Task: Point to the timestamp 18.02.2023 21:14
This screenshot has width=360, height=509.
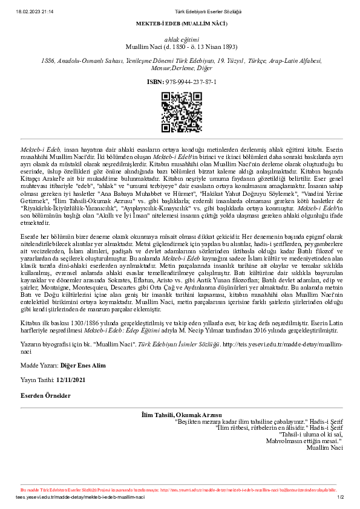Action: tap(35, 11)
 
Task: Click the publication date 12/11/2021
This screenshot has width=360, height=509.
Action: tap(70, 380)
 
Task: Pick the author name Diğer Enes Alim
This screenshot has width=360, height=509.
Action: tap(82, 366)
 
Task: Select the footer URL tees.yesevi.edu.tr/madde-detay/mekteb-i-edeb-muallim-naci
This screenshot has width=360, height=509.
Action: tap(80, 498)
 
